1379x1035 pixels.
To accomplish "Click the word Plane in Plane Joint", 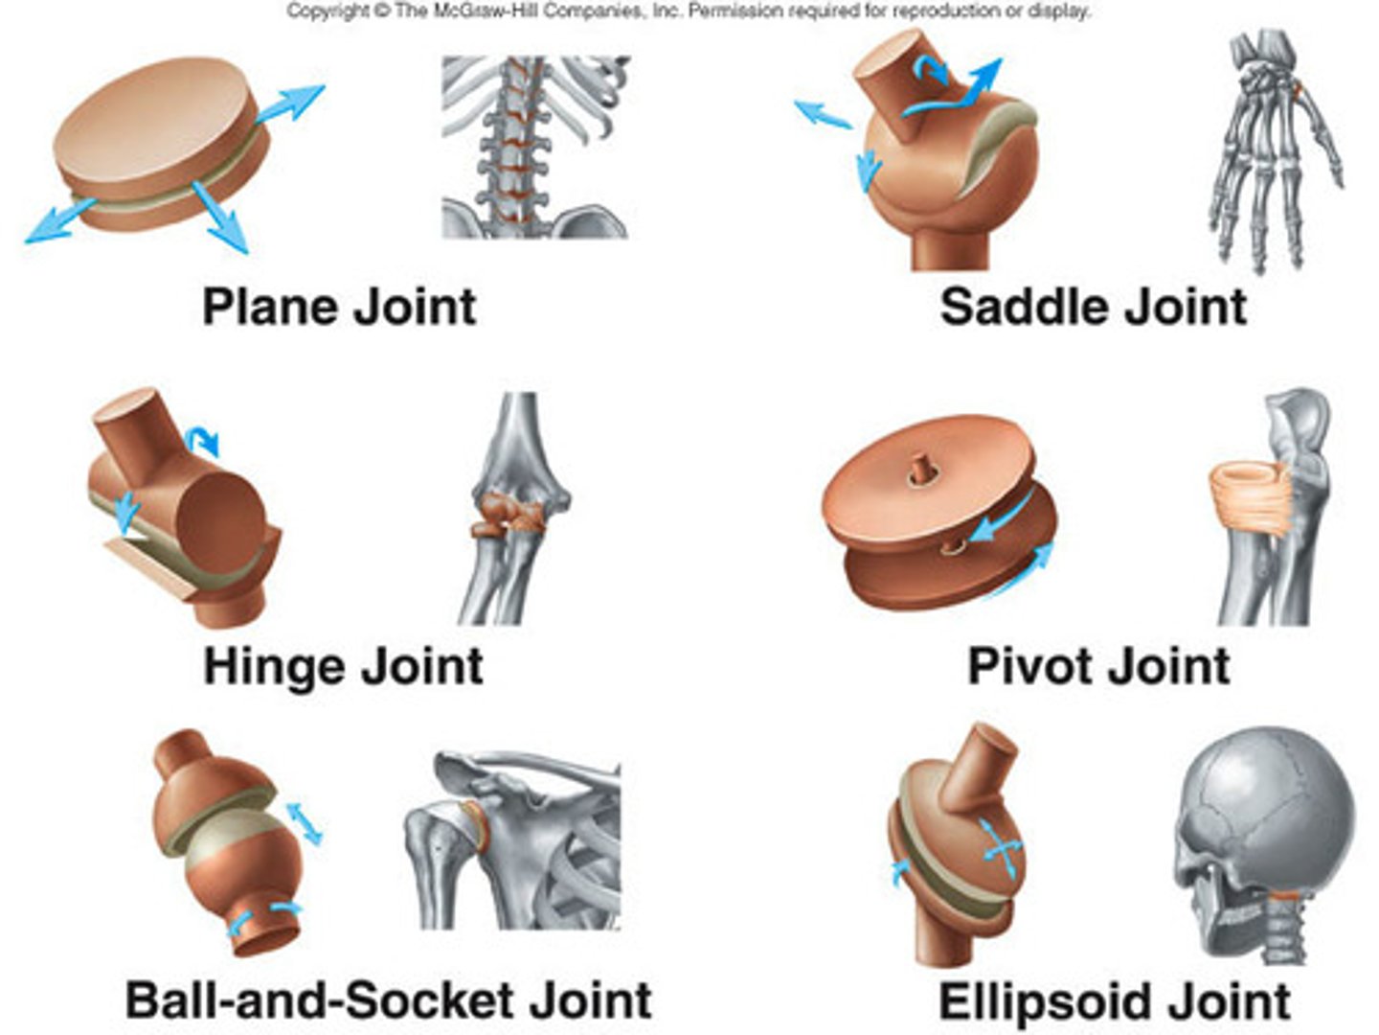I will (270, 308).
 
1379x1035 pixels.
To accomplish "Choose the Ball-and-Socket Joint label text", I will (389, 1000).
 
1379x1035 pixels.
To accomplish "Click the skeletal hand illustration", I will (1274, 149).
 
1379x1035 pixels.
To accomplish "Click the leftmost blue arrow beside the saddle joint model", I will (823, 114).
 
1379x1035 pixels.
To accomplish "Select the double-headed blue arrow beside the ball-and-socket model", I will (305, 823).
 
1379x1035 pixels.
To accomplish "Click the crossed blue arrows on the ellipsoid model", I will (1002, 847).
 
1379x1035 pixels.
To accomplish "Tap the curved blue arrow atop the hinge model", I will (204, 440).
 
